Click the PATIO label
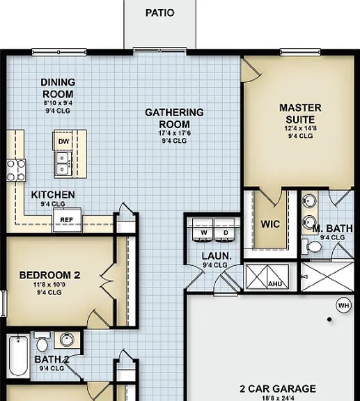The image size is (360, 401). (160, 13)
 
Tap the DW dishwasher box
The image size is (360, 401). (63, 141)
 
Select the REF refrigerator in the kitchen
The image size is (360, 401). (67, 220)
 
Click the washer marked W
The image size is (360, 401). (203, 230)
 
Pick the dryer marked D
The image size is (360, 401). (225, 230)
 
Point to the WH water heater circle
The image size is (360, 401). (343, 306)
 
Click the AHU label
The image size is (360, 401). (275, 284)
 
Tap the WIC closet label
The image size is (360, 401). (270, 224)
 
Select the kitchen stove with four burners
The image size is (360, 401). (16, 171)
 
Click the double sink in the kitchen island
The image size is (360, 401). (63, 164)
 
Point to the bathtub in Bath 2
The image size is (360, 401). (18, 356)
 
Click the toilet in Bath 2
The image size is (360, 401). (42, 342)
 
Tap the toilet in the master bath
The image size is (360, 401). (311, 246)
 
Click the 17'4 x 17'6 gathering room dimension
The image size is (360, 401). (174, 133)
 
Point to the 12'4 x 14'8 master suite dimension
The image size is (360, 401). (300, 128)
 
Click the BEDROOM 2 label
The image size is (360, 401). (50, 275)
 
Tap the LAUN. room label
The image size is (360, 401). (217, 256)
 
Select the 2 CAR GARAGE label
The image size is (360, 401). (278, 388)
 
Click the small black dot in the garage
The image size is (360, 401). (329, 319)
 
